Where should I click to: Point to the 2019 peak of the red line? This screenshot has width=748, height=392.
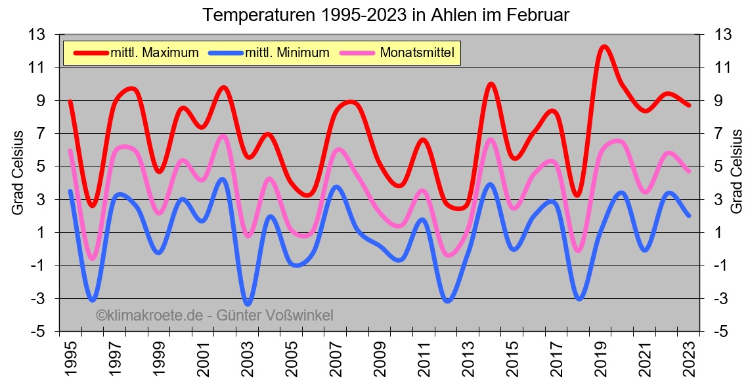pyautogui.click(x=604, y=47)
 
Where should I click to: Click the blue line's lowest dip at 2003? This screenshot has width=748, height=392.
pyautogui.click(x=248, y=304)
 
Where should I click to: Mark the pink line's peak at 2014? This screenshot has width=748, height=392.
pyautogui.click(x=490, y=140)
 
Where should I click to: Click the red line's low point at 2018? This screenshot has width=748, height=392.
pyautogui.click(x=577, y=195)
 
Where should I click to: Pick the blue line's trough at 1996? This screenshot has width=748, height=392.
pyautogui.click(x=93, y=300)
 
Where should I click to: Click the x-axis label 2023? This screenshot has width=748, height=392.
pyautogui.click(x=690, y=357)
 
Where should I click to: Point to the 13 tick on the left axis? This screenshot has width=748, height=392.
pyautogui.click(x=44, y=34)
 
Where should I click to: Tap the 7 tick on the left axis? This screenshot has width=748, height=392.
pyautogui.click(x=48, y=133)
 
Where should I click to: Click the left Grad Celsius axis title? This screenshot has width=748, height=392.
pyautogui.click(x=18, y=172)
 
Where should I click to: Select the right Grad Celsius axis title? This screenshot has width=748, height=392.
pyautogui.click(x=736, y=172)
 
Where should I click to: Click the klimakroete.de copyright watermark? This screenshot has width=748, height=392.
pyautogui.click(x=214, y=315)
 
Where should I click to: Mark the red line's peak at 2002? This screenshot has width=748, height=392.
pyautogui.click(x=223, y=87)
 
